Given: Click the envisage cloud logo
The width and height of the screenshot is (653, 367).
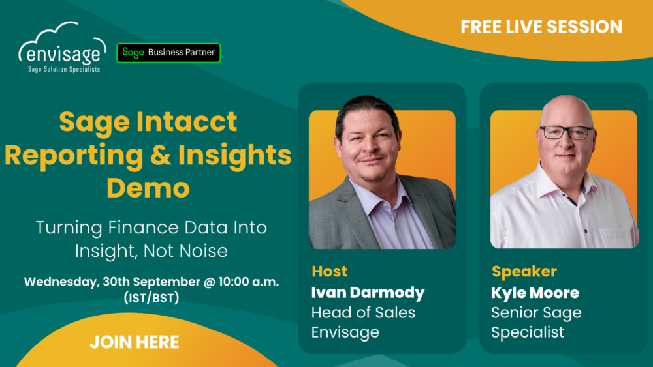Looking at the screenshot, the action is [62, 48].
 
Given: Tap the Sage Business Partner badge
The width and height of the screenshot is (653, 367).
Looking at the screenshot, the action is [168, 53].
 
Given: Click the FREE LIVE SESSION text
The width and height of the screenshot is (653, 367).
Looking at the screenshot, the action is [541, 27].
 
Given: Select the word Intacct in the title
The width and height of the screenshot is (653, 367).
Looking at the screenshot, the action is [187, 121].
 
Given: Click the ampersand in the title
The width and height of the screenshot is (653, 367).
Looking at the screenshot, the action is [161, 155].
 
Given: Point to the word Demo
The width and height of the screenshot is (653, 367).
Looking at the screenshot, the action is [148, 188].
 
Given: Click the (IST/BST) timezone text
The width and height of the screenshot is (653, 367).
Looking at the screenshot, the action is [151, 298].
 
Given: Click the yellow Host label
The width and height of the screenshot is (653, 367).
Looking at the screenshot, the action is [329, 271].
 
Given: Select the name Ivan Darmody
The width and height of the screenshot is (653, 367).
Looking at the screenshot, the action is [368, 293].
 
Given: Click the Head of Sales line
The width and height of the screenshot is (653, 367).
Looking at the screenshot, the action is [363, 312].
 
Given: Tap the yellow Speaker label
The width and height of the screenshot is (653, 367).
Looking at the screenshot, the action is [524, 271].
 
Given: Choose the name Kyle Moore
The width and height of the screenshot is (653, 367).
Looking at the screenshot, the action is [535, 293].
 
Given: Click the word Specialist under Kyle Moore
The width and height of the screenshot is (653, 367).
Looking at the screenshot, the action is [527, 332].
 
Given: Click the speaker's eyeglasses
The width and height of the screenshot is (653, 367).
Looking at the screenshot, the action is [566, 132].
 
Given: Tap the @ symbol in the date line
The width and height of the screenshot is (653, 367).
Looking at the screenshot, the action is [210, 282].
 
